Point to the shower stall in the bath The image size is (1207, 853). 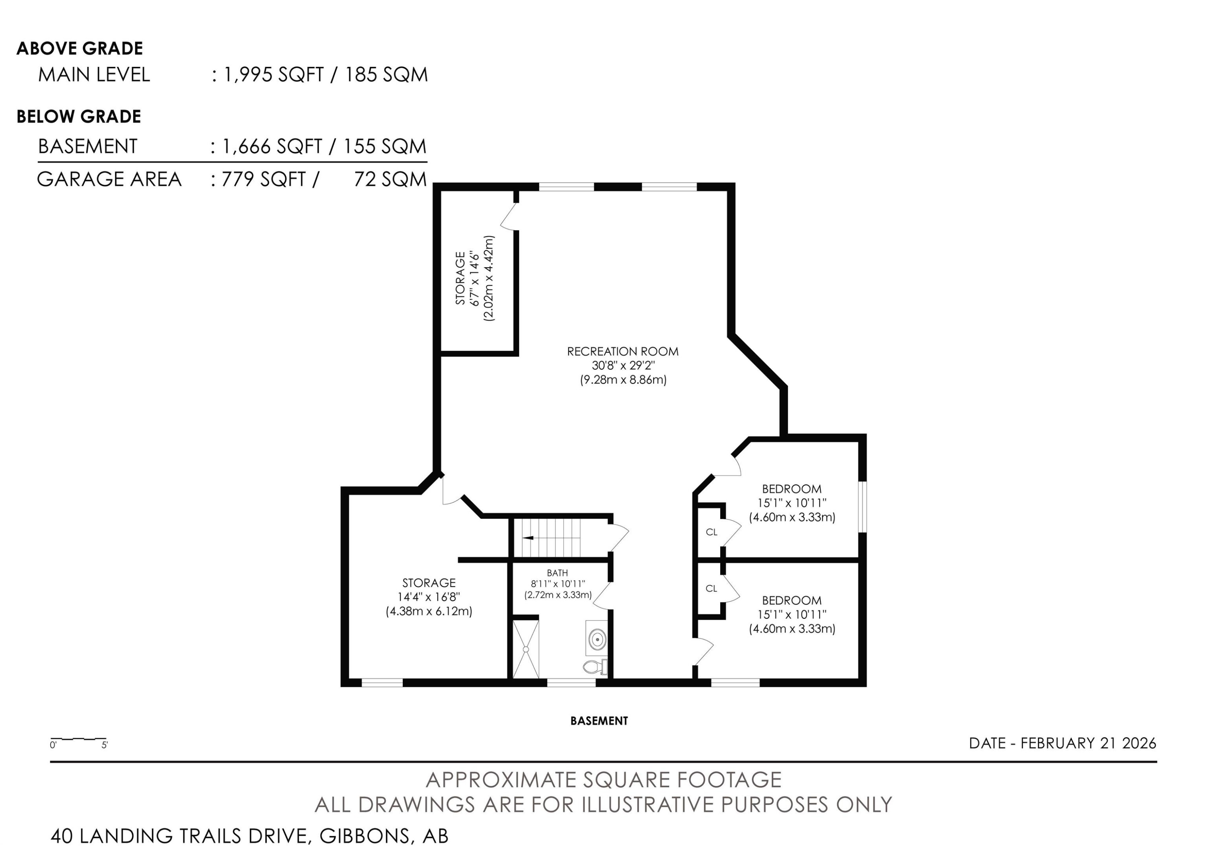pos(526,649)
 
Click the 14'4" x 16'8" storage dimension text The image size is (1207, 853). pos(429,597)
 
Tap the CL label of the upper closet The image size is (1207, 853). pos(711,532)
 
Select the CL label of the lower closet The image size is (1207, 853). pos(711,589)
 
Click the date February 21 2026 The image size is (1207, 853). pos(1089,743)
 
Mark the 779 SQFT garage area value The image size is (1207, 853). pos(264,179)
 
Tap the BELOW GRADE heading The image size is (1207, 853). pos(79,117)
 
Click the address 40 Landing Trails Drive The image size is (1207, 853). pos(179,836)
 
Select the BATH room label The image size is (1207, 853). pos(557,573)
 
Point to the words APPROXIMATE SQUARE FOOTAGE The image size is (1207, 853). pos(603,779)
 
